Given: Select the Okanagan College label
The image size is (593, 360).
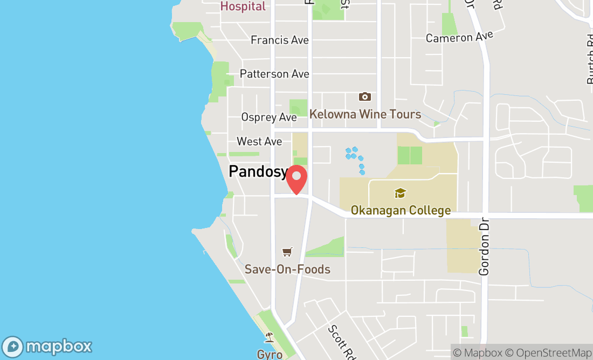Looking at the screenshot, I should (x=401, y=210).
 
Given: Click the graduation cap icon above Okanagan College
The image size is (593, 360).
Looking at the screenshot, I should (x=400, y=193).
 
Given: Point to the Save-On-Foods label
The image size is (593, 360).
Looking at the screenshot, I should (x=287, y=269).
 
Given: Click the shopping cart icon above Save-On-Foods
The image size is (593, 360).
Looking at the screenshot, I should (x=287, y=252).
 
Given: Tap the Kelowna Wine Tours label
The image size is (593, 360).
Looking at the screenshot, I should (x=365, y=114).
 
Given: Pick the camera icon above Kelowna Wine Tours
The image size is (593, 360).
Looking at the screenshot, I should (x=365, y=97).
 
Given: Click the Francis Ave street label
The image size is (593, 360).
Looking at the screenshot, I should (x=280, y=40).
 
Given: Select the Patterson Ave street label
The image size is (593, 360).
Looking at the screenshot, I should (x=274, y=74).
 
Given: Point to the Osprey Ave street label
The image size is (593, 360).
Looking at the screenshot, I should (x=269, y=117).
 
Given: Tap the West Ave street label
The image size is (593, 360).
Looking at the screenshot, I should (x=259, y=141).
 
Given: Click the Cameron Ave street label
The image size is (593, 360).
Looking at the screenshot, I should (x=459, y=37).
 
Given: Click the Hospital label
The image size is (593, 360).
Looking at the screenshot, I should (x=243, y=6).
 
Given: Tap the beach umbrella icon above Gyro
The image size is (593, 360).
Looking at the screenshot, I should (x=269, y=338).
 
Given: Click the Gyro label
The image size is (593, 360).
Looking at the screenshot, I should (x=269, y=354).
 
